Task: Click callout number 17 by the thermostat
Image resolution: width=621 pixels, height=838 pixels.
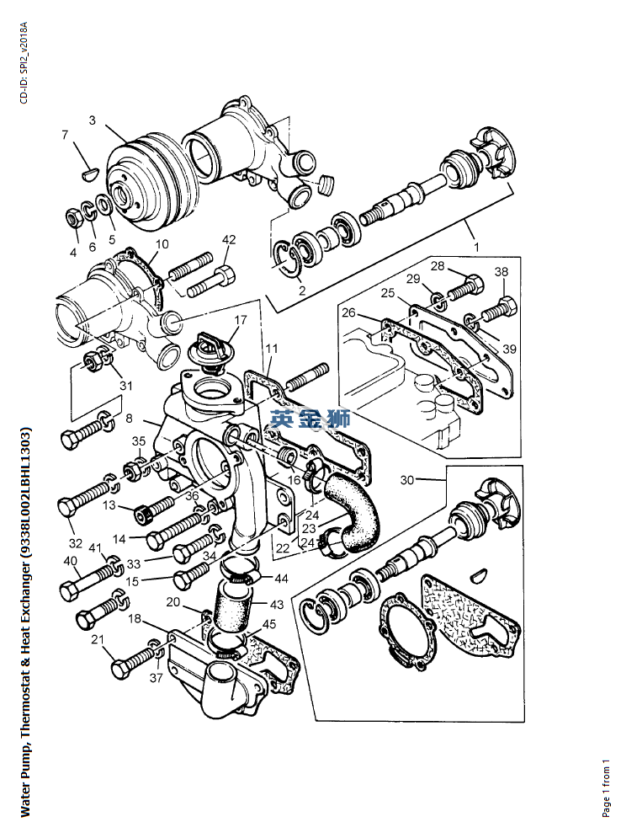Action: tap(241, 319)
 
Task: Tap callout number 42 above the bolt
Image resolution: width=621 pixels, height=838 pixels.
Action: tap(229, 239)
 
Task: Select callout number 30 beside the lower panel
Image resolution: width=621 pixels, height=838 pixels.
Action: tap(407, 480)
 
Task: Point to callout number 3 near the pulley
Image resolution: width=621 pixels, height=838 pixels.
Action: tap(93, 120)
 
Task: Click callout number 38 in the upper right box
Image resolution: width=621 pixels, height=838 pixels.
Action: tap(501, 271)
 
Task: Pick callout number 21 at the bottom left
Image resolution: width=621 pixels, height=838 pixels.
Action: tap(97, 639)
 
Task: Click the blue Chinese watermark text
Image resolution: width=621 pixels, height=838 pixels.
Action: tap(310, 419)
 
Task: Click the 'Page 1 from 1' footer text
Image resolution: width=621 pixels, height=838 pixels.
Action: tap(606, 787)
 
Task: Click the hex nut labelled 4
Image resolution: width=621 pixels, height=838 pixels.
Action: tap(73, 217)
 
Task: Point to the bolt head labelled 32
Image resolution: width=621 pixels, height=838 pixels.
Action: tap(66, 506)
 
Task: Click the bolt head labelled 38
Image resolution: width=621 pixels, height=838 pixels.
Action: tap(507, 307)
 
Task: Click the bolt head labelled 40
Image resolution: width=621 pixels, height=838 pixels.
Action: tap(68, 591)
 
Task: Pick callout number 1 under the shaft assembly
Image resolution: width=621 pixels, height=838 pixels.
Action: tap(476, 247)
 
